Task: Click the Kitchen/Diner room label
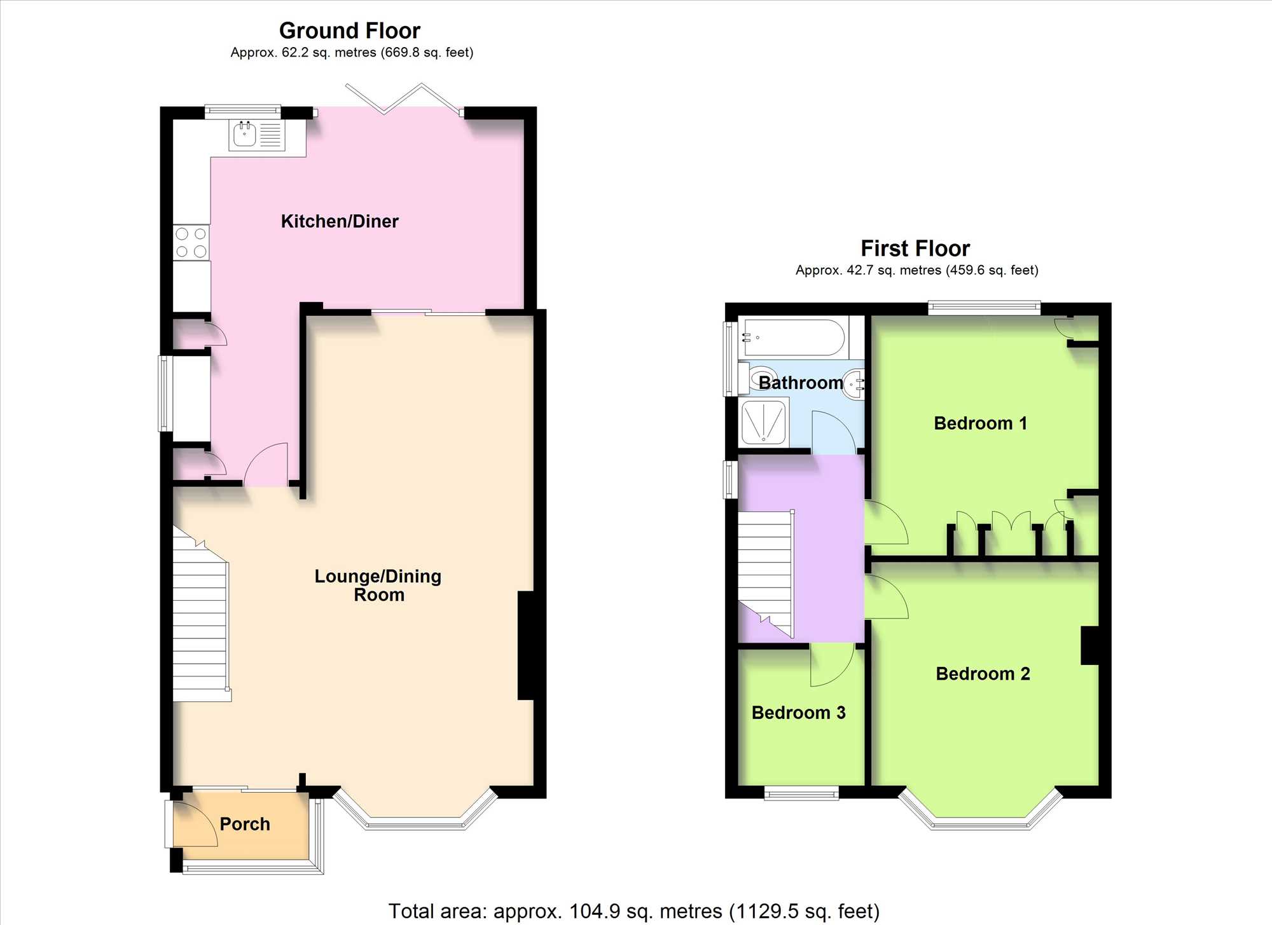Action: [x=340, y=221]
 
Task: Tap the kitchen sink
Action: [x=257, y=135]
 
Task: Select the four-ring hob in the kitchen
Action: [x=191, y=242]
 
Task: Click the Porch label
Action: [x=245, y=824]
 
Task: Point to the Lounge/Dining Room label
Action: [x=378, y=585]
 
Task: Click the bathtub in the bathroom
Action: [x=794, y=338]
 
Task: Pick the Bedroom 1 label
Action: [x=980, y=423]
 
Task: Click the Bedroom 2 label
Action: [x=983, y=674]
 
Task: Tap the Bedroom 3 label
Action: [x=798, y=713]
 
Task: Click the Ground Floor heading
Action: [x=350, y=31]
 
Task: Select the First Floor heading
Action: [x=915, y=248]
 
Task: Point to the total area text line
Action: [x=634, y=911]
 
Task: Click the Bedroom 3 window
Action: [x=801, y=793]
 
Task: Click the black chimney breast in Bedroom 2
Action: [x=1090, y=645]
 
